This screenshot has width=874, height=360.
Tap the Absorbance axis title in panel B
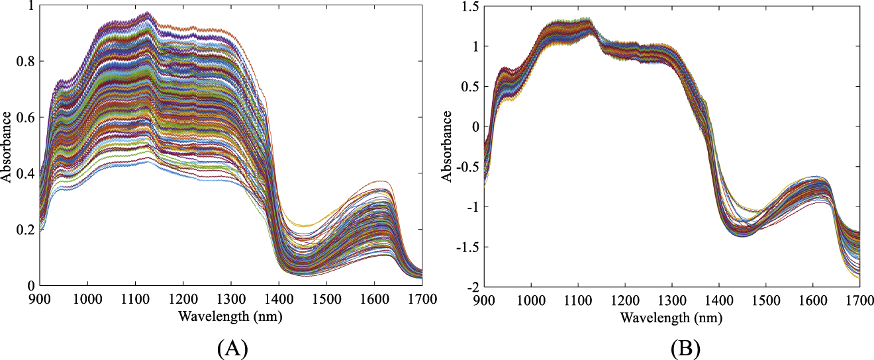tap(448, 146)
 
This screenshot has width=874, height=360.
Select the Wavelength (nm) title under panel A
tap(230, 317)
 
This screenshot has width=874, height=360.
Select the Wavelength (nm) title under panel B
tap(671, 318)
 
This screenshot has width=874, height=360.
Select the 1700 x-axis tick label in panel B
tap(859, 300)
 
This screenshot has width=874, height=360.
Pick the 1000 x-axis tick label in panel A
tap(87, 299)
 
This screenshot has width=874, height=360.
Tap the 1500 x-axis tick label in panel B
tap(765, 300)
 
